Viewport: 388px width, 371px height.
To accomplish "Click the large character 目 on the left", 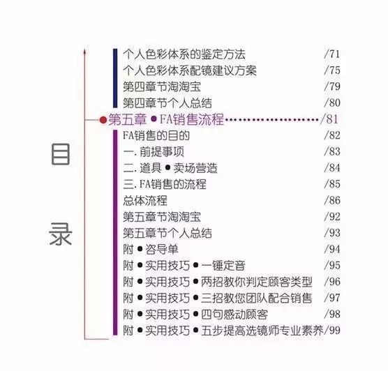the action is point(61,154).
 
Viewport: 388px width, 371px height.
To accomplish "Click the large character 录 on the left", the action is point(61,234).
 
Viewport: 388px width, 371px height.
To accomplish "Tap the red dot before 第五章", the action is point(103,120).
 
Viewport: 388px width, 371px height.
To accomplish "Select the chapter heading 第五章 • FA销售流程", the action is point(166,119).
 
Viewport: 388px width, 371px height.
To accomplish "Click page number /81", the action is point(329,119).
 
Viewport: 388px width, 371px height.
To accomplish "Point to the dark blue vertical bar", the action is point(115,78).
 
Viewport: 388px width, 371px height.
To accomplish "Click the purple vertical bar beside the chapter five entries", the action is point(115,232).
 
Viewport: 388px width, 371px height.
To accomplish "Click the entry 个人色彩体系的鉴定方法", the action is point(184,54).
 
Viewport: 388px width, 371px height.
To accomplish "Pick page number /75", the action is point(332,70).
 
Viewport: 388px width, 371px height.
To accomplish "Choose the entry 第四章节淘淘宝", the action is point(162,86).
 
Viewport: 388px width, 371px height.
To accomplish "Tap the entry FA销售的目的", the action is point(156,135).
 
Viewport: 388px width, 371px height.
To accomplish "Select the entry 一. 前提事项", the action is point(154,152).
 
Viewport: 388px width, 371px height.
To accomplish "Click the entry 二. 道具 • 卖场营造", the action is point(170,168).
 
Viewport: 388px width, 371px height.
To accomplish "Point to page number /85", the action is point(332,184).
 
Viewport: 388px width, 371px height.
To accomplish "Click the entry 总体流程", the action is point(145,201).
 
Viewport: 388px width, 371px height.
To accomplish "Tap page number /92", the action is point(332,217).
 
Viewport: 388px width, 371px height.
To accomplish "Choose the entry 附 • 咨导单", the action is point(151,250).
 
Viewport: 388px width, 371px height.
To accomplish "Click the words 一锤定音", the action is point(223,266).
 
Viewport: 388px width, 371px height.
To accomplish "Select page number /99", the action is point(332,331).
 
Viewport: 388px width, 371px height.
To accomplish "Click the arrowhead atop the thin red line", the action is point(84,51).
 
